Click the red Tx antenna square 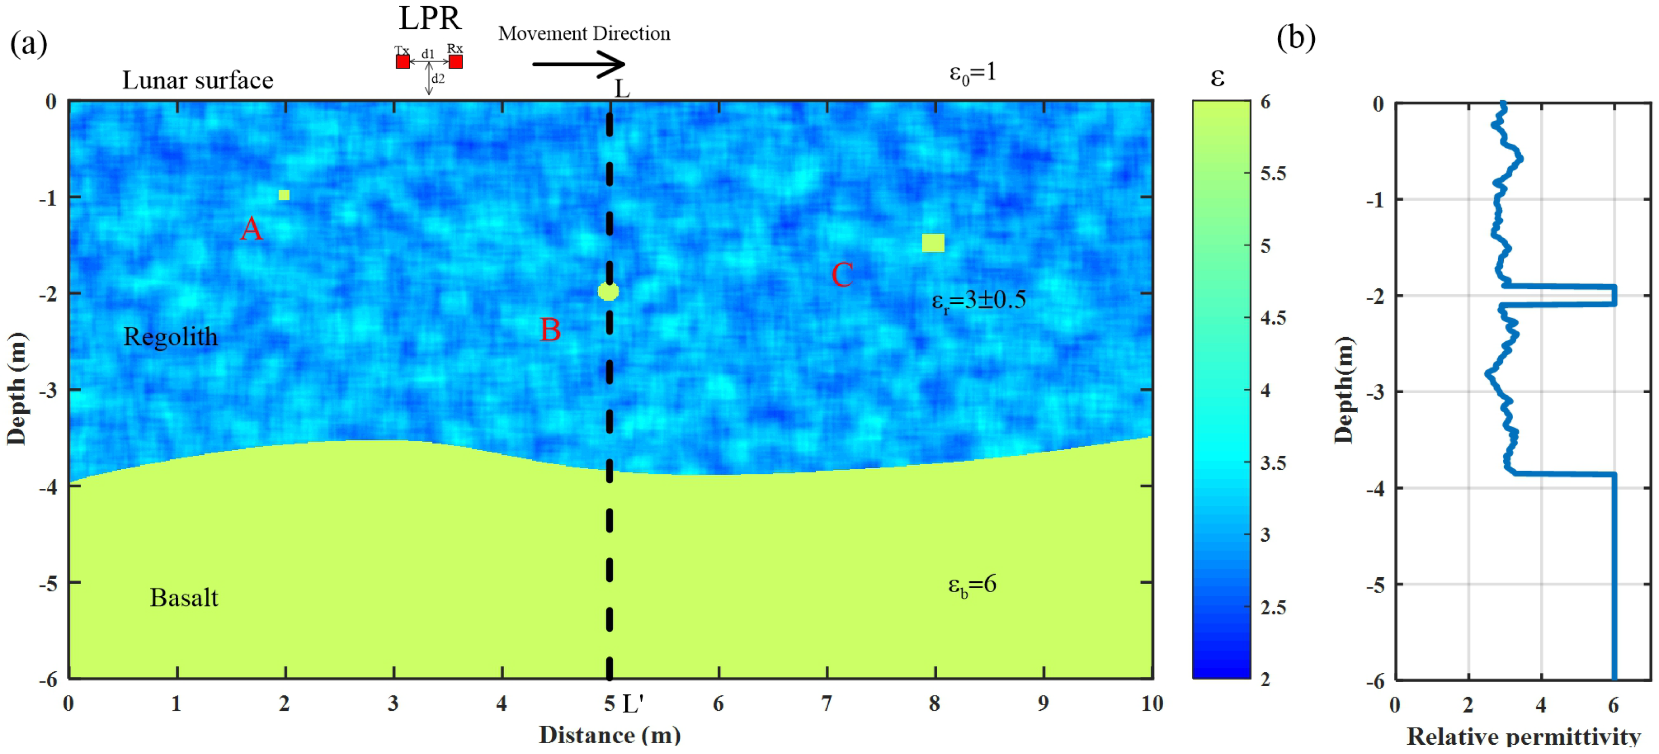pos(402,62)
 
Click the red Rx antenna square pos(455,62)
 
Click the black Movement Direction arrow pos(577,64)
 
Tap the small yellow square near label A pos(284,195)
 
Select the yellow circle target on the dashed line pos(608,292)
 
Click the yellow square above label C pos(933,243)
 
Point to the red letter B pos(550,330)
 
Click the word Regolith pos(170,337)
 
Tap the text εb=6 pos(972,584)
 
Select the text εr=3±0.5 pos(978,300)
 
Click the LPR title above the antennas pos(430,18)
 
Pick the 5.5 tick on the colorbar pos(1273,173)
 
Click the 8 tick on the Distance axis pos(935,704)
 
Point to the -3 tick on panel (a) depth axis pos(48,391)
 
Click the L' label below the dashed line pos(633,704)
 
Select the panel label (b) pos(1296,38)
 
